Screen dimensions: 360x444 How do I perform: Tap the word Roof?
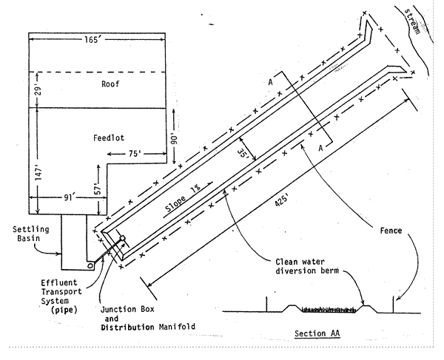[x=110, y=84]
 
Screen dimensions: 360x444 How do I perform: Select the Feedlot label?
[x=111, y=137]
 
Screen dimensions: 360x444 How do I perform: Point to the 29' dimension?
[x=37, y=90]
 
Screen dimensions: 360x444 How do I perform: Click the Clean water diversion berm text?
[x=298, y=266]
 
